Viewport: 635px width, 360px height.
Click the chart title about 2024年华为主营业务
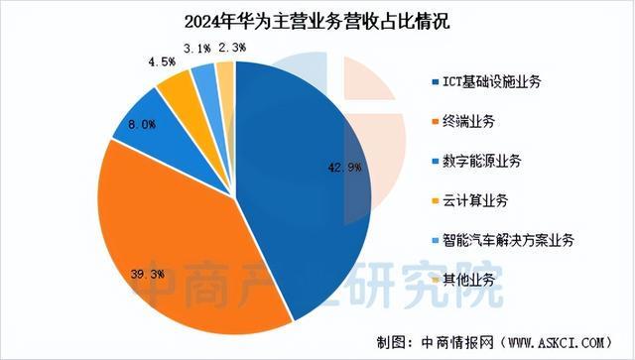point(317,21)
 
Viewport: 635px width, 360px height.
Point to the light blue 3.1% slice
point(205,78)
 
